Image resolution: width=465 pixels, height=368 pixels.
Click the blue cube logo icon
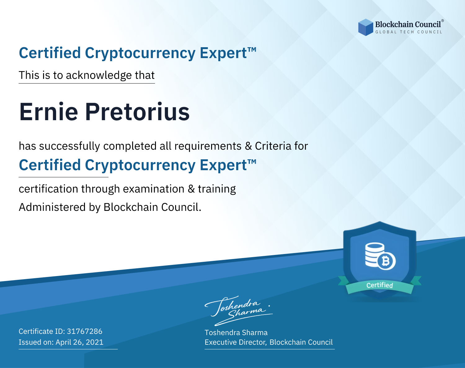pos(365,27)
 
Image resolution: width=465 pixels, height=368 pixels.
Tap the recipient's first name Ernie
pos(48,112)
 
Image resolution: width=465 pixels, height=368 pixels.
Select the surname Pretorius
pos(137,112)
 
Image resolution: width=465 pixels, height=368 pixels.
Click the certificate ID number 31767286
pos(85,331)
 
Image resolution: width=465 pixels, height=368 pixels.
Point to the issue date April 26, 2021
pos(80,342)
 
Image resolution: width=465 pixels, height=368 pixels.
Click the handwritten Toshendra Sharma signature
pos(239,311)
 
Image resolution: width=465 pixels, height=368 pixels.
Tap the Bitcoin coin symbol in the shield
pos(386,261)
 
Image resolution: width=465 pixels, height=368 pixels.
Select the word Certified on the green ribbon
pos(380,285)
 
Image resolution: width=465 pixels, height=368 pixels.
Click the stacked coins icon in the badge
pos(375,255)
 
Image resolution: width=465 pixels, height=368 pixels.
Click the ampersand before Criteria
pos(248,146)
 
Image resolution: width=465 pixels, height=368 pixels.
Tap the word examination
pos(153,189)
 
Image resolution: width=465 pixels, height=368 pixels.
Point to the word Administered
pos(52,207)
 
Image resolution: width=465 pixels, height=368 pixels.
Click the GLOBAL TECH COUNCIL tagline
pos(409,32)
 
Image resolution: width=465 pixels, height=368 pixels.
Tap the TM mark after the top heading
pos(252,50)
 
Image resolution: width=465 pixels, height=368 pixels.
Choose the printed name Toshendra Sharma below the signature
pos(236,333)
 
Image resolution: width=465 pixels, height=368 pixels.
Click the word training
pos(217,189)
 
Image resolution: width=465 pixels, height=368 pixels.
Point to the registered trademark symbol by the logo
pos(443,20)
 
